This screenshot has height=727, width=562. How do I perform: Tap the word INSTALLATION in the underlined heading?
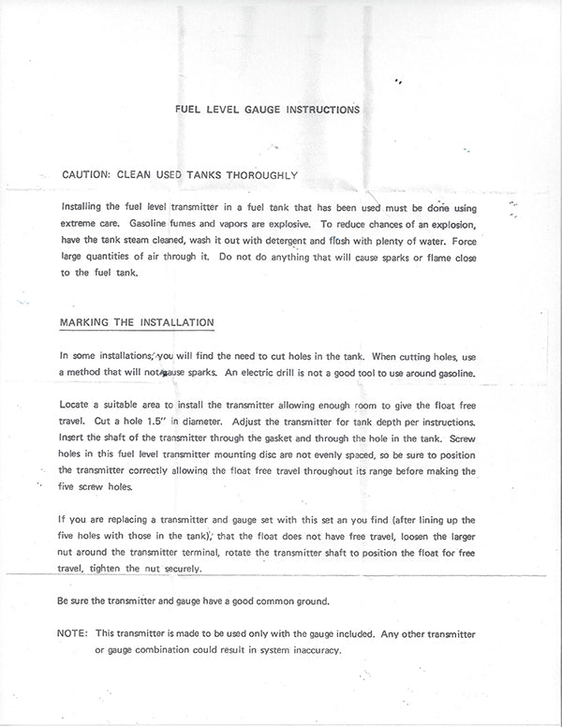point(176,322)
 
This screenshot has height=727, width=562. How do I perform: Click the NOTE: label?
point(73,634)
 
